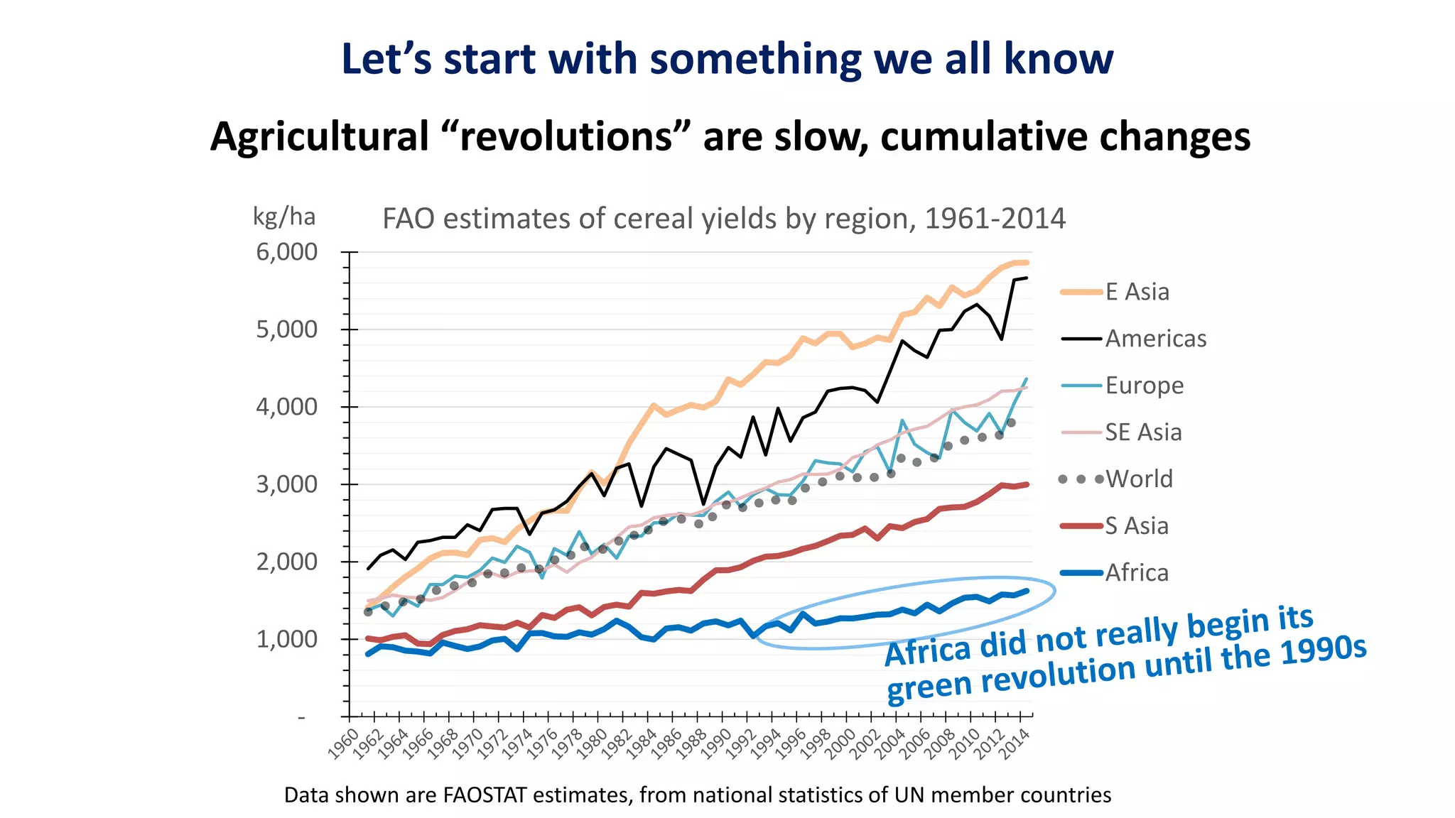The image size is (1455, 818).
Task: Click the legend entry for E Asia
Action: click(x=1136, y=292)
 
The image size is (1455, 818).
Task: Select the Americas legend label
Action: click(x=1155, y=339)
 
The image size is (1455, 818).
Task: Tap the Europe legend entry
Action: click(x=1144, y=386)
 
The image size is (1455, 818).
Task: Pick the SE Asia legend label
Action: click(x=1142, y=432)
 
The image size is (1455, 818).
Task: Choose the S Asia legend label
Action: click(x=1136, y=526)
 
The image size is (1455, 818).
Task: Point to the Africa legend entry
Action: click(x=1136, y=573)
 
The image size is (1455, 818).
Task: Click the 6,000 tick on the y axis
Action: click(x=286, y=252)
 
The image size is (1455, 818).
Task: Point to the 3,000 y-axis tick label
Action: click(x=286, y=484)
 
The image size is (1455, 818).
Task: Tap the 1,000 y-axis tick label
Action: click(x=286, y=639)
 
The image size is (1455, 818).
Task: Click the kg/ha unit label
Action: click(x=284, y=217)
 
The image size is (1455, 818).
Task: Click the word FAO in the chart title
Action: click(x=409, y=219)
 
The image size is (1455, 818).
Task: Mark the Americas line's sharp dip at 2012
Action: click(x=1002, y=339)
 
